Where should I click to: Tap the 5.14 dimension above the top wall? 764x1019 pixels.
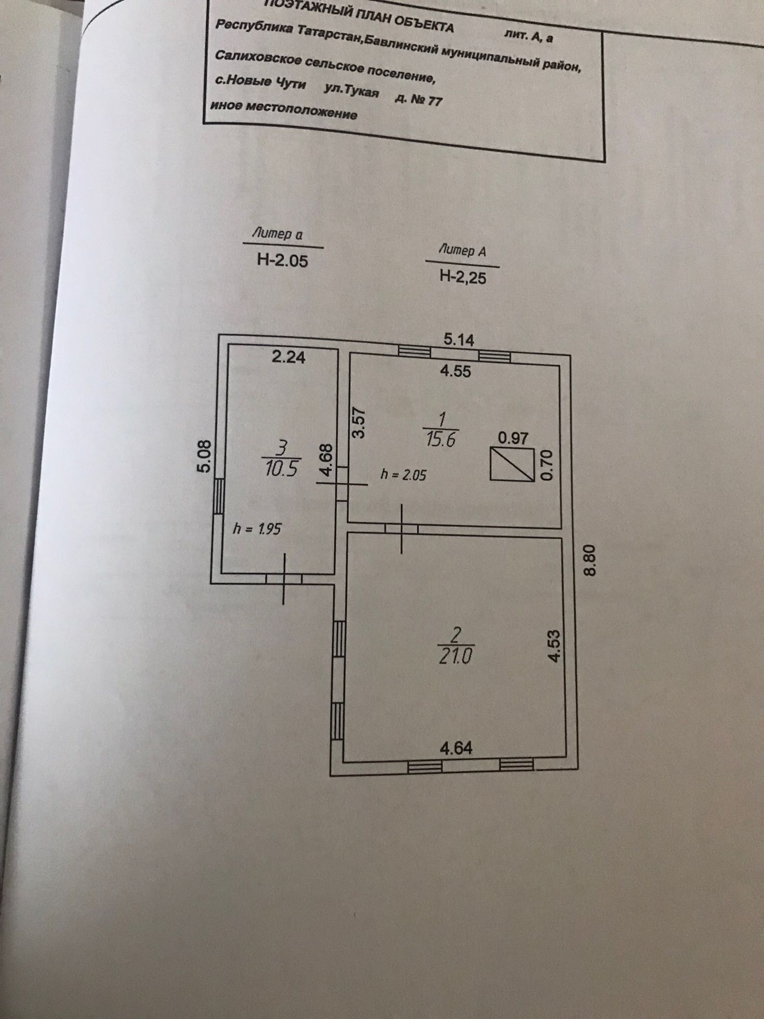pyautogui.click(x=459, y=340)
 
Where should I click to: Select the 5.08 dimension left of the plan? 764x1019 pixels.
pyautogui.click(x=205, y=456)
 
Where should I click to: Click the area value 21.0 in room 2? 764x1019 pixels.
pyautogui.click(x=455, y=656)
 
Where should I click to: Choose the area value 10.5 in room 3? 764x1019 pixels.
pyautogui.click(x=281, y=469)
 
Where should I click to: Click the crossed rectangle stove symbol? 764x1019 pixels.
pyautogui.click(x=512, y=464)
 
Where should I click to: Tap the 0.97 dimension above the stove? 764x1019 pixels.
pyautogui.click(x=513, y=438)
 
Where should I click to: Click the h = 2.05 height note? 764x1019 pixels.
pyautogui.click(x=403, y=474)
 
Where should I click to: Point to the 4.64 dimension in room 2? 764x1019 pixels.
pyautogui.click(x=456, y=748)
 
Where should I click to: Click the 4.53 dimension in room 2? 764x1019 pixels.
pyautogui.click(x=555, y=646)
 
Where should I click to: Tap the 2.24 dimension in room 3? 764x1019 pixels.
pyautogui.click(x=289, y=357)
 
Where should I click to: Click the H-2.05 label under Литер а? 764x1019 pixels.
pyautogui.click(x=282, y=260)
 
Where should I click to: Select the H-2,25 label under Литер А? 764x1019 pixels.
pyautogui.click(x=463, y=277)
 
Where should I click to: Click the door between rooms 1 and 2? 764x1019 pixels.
pyautogui.click(x=402, y=529)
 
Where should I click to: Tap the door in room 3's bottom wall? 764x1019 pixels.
pyautogui.click(x=284, y=578)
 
